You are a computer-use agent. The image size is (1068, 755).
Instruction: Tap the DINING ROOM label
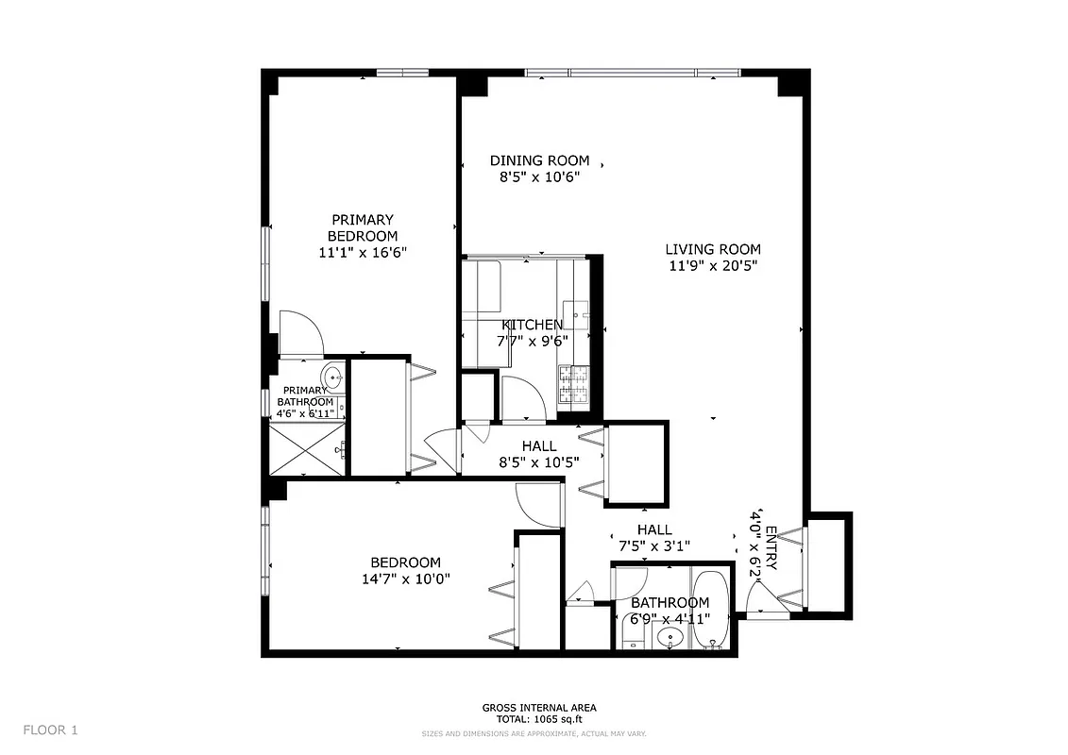tap(539, 160)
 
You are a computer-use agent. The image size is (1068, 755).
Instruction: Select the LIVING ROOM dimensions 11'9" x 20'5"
tap(713, 265)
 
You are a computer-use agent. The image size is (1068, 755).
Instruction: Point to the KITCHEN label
tap(532, 326)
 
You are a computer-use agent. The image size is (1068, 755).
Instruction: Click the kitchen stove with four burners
tap(572, 385)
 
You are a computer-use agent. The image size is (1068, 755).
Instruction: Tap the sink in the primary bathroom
tap(332, 375)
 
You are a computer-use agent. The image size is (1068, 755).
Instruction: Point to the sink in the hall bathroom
tap(671, 638)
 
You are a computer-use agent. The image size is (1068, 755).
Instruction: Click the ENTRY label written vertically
tap(771, 548)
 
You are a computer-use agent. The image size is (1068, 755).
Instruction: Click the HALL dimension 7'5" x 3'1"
tap(654, 545)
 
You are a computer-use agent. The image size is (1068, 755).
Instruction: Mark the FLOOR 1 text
tap(50, 730)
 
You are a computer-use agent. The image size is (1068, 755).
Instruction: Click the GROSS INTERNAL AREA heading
tap(539, 707)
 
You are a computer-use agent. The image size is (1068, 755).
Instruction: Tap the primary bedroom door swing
tap(302, 333)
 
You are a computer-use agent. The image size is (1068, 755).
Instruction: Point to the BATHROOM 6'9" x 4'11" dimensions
tap(670, 619)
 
